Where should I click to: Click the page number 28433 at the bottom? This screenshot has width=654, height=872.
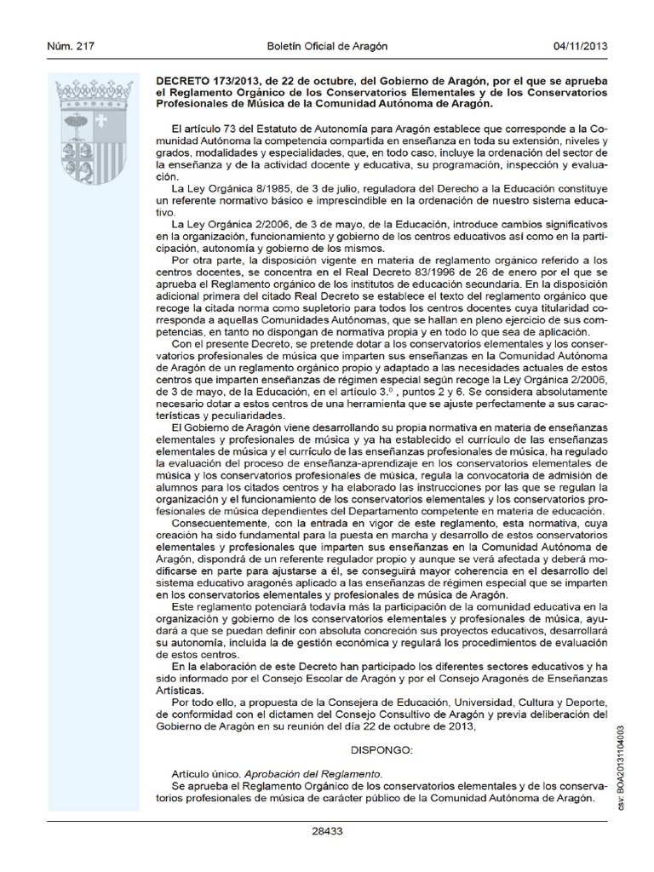pos(328,830)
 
